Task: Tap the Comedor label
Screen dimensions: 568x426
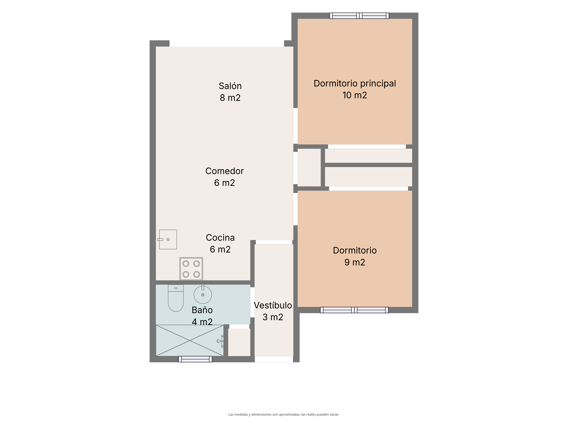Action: [x=224, y=171]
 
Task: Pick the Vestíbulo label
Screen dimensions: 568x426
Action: [x=273, y=305]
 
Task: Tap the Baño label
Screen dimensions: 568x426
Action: [x=202, y=310]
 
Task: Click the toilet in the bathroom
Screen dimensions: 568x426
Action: [x=176, y=298]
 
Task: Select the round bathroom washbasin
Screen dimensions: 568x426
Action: [x=203, y=294]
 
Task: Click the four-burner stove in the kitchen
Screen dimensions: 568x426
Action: [x=191, y=269]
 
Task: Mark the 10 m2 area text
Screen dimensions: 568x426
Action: [x=355, y=95]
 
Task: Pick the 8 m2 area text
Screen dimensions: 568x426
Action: [x=230, y=98]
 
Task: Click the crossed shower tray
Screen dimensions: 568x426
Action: [x=190, y=341]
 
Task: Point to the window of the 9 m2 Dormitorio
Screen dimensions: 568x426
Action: [x=354, y=310]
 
